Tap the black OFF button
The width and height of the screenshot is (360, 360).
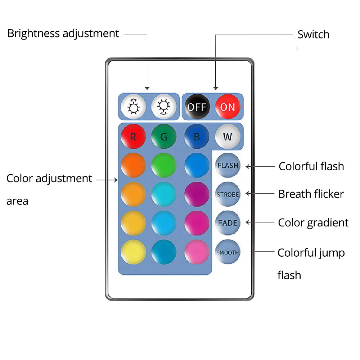[197, 107]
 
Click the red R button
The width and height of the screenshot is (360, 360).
[133, 137]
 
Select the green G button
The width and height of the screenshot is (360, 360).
[164, 137]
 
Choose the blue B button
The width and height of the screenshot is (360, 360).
[197, 137]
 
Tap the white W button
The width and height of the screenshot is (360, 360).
[228, 137]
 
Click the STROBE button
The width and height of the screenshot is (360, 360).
[228, 194]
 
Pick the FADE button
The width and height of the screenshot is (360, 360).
[228, 222]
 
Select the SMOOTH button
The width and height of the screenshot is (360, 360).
[228, 252]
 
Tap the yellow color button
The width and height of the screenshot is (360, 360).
[133, 252]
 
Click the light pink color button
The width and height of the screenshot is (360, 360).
[197, 252]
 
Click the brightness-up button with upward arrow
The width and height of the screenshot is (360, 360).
[133, 107]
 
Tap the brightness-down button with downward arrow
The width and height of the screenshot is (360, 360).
[164, 107]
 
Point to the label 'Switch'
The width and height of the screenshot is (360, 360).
[313, 35]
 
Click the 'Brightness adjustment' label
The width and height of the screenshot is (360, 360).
[63, 33]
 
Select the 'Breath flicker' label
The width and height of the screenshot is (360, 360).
[311, 194]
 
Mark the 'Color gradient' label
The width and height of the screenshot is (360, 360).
[313, 222]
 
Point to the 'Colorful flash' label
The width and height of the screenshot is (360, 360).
[311, 166]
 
